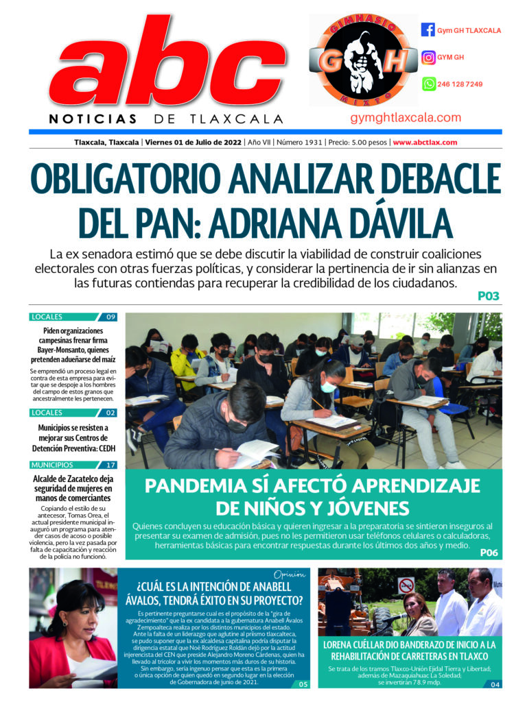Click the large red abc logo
[158, 69]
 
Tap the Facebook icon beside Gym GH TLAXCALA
[428, 30]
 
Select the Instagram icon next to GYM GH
[428, 58]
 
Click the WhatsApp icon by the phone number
[428, 84]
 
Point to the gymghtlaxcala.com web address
[406, 118]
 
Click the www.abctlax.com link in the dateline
[425, 143]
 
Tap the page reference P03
[488, 297]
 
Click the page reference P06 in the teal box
[489, 553]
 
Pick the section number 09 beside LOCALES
[110, 317]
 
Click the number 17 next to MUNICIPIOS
[110, 465]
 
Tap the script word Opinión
[289, 574]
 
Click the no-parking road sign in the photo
[406, 585]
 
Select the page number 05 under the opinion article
[303, 683]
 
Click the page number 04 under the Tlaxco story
[495, 683]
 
